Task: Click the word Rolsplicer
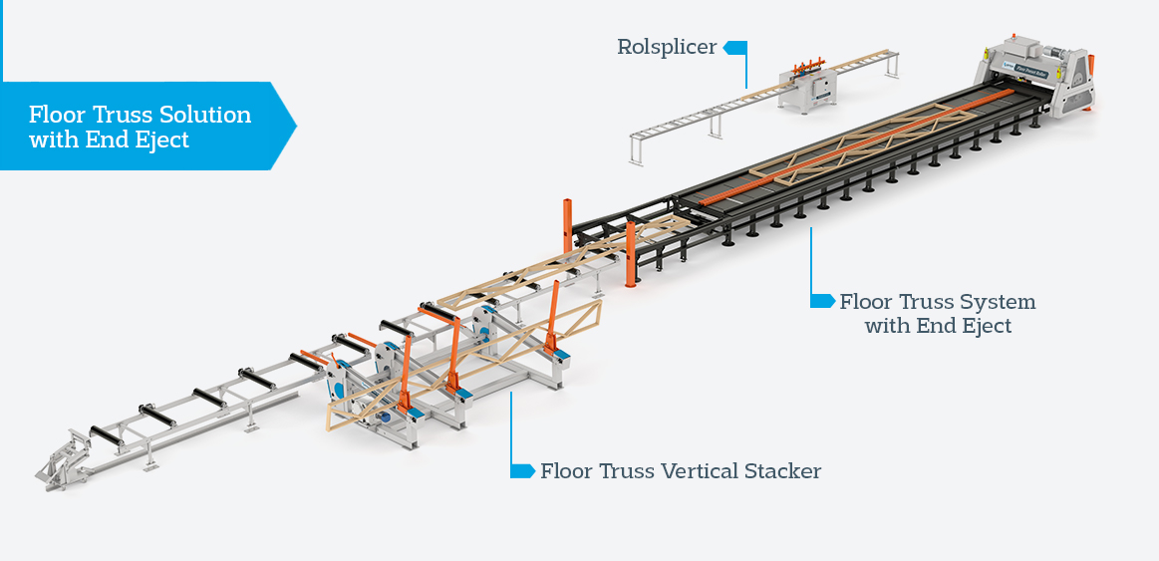click(666, 47)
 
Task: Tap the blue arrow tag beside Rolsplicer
click(734, 47)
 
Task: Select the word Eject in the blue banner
click(161, 140)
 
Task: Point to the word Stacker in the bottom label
click(782, 471)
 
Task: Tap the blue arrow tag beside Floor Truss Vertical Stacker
click(522, 470)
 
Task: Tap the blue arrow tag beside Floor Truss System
click(822, 300)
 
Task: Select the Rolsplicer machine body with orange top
click(809, 88)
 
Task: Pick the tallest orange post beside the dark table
click(567, 225)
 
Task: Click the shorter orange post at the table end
click(631, 254)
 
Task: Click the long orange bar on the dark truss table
click(857, 150)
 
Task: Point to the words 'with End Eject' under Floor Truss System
click(938, 326)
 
